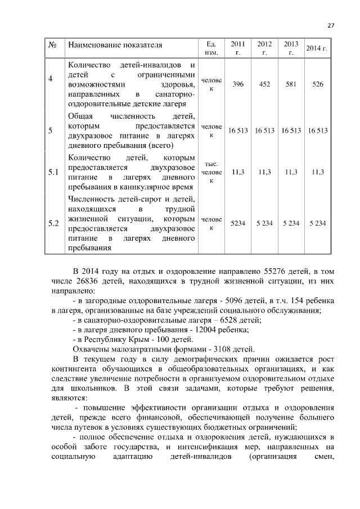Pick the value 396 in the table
tap(238, 84)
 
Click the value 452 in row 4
tap(264, 84)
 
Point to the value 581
tap(291, 84)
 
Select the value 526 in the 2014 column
tap(318, 84)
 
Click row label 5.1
tap(54, 172)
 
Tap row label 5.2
tap(54, 223)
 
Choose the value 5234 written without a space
tap(238, 223)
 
